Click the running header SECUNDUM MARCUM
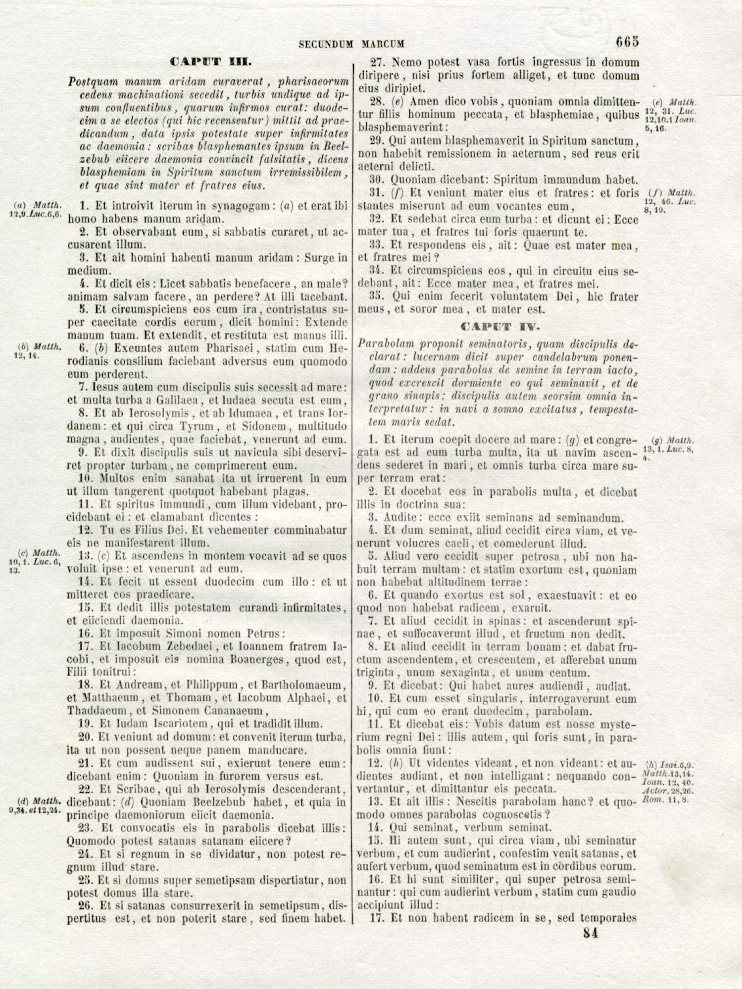(x=351, y=44)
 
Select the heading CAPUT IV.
(x=500, y=326)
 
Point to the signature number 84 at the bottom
(x=590, y=933)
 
